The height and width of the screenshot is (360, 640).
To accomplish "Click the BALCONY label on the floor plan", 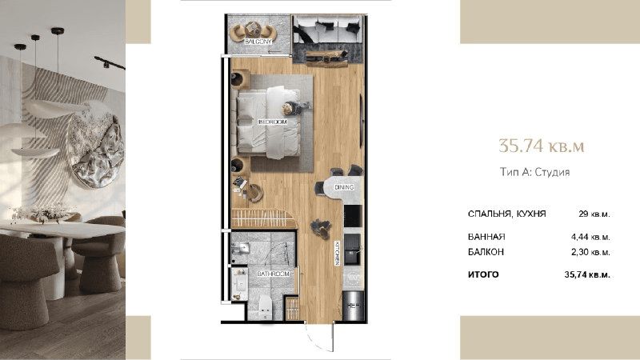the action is coord(258,42).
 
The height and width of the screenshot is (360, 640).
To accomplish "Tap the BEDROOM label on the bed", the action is coord(273,122).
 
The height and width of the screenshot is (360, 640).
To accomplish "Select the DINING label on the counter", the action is coord(344,187).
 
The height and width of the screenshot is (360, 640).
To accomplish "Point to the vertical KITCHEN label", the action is coord(338,253).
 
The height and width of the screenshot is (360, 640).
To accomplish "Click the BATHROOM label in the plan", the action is coord(273,274).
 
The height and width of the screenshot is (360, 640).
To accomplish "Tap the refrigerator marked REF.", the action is coord(353,306).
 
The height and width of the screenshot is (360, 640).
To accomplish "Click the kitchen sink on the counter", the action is coord(353,249).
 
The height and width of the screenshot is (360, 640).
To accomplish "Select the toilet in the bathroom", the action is coord(266,307).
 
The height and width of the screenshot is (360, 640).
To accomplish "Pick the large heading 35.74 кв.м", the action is coord(542,146).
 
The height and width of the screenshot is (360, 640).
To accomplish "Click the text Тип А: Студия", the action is coord(534,172).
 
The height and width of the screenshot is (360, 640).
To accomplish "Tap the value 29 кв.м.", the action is coord(594,214).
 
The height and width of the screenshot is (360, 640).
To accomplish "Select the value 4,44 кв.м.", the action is coord(590,237).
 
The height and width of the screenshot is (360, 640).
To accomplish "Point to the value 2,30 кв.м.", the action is coord(590,252).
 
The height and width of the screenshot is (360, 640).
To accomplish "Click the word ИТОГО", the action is coord(483,274).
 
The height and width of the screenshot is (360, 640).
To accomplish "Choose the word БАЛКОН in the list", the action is coord(486,252).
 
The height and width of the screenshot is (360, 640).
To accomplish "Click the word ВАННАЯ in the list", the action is coord(486,237).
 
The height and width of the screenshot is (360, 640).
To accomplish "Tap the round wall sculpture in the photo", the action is coord(97,150).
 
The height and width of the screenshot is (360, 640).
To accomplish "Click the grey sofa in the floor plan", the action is coord(328,30).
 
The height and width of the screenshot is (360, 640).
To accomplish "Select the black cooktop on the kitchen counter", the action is coord(353,216).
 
